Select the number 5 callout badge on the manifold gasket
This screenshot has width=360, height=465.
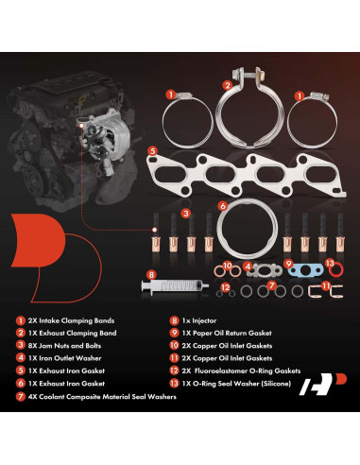152,149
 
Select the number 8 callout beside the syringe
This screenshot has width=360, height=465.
149,274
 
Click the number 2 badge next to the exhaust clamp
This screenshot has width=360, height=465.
226,82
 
